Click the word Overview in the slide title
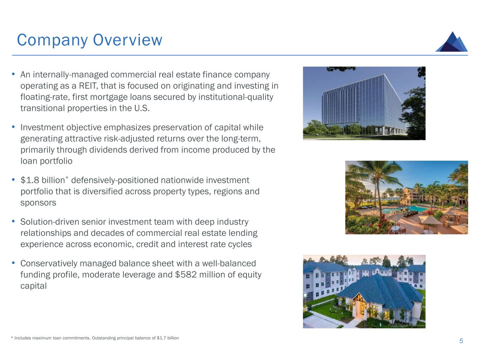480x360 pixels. coord(128,40)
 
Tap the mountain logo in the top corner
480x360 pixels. coord(452,42)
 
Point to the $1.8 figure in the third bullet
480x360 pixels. coord(30,180)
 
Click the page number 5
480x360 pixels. coord(461,341)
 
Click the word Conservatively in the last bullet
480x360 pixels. coord(49,263)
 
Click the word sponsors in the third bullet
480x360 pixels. coord(38,203)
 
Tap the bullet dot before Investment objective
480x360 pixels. coord(14,127)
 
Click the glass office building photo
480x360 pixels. coord(364,103)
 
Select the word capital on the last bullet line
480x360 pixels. coord(33,286)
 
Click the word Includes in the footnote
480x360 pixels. coord(23,338)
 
